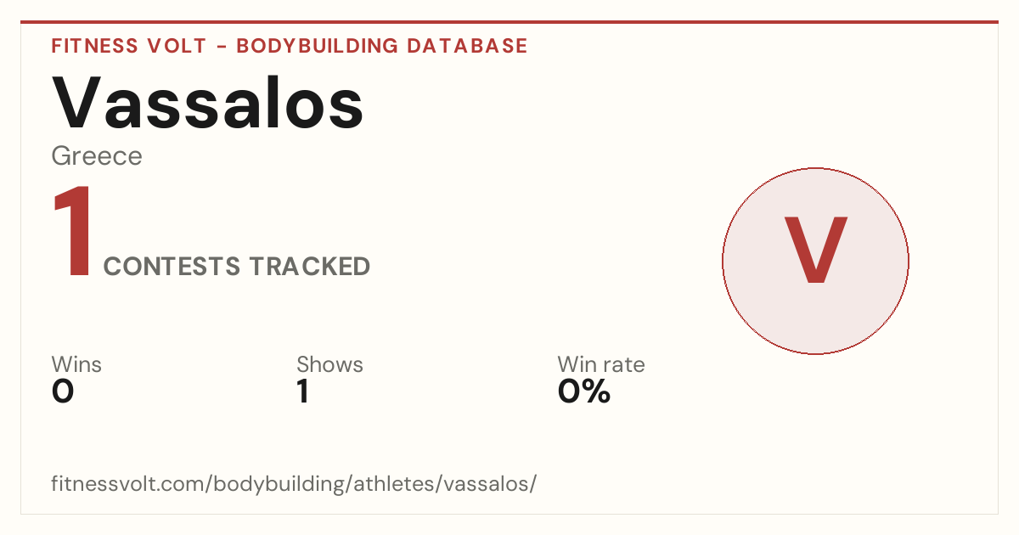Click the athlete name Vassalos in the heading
(207, 104)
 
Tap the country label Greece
(97, 156)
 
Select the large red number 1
(73, 230)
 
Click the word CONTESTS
(172, 266)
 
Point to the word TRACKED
(310, 266)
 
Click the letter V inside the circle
(816, 250)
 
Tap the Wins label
(76, 364)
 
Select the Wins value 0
(63, 391)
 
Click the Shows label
(329, 364)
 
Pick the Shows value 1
(303, 391)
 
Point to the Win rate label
(601, 364)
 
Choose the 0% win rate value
(584, 391)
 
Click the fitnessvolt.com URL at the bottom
(294, 483)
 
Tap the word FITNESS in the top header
(94, 46)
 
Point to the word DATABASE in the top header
(467, 46)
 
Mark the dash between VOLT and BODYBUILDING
(222, 47)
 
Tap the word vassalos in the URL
(486, 483)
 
